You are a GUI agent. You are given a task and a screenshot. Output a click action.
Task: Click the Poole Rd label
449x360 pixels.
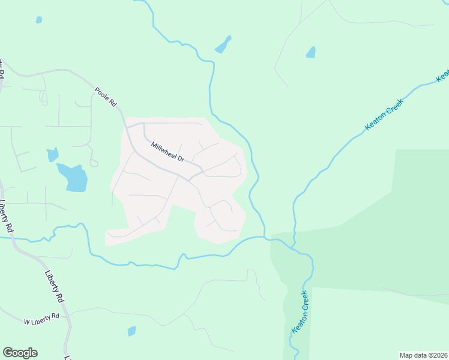coord(105,96)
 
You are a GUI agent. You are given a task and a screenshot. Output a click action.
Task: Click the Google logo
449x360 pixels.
coord(20,353)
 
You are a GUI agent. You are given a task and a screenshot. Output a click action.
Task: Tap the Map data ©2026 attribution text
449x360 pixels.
coord(423,355)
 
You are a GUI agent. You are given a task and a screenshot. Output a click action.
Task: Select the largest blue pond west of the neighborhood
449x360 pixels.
coord(74,177)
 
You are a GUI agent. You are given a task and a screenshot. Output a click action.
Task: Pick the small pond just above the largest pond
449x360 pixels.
coord(52,155)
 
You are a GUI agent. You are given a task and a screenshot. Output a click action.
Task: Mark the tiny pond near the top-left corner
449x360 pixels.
coord(39,20)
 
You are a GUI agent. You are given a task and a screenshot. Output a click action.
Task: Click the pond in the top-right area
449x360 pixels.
coord(310,52)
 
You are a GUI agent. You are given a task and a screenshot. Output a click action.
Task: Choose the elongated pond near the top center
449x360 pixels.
coord(223,44)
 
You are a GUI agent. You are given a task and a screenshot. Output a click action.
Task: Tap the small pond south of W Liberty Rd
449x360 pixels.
coord(131,331)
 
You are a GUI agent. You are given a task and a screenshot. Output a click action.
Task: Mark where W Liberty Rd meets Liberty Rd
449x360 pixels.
coord(68,314)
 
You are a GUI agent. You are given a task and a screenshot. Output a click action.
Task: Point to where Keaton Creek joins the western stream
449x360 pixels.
coord(293,246)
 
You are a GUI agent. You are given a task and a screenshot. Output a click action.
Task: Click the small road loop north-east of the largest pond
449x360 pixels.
coord(93,163)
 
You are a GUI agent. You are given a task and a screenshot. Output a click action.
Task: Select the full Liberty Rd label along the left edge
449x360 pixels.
coord(7,216)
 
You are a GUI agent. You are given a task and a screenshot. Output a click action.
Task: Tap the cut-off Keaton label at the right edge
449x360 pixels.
coord(443,76)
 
